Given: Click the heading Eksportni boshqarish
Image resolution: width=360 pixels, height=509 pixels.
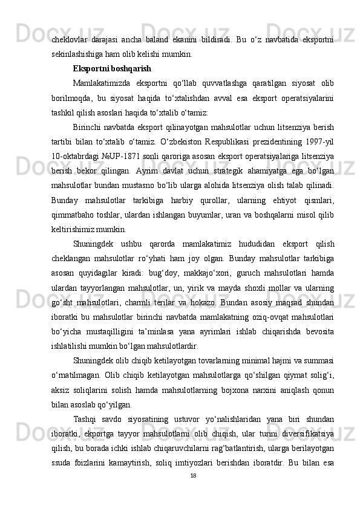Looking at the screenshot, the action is point(112,68).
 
